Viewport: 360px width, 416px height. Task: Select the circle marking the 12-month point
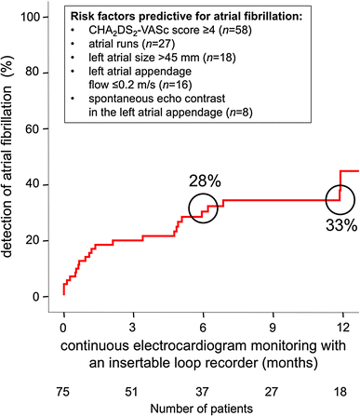click(x=341, y=197)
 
